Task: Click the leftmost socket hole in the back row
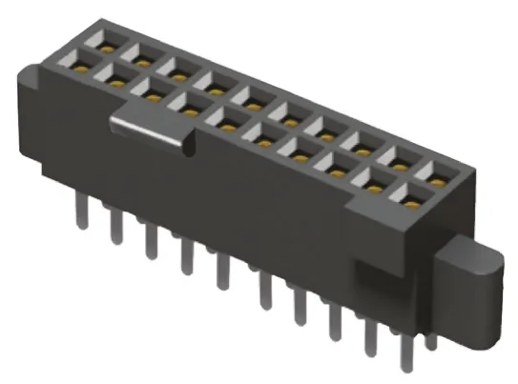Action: (102, 43)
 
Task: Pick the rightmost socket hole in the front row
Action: (411, 198)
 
